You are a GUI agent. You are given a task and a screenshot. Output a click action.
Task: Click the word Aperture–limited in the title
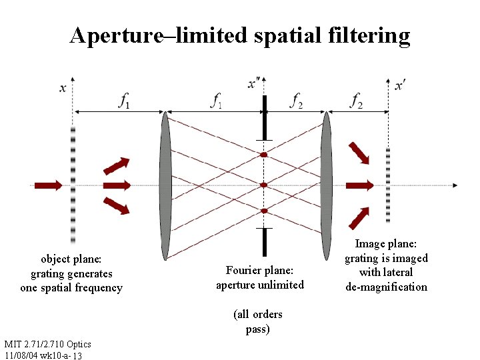(159, 35)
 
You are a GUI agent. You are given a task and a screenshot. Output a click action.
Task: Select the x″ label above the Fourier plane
(254, 83)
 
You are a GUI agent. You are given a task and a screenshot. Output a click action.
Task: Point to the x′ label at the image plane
(401, 85)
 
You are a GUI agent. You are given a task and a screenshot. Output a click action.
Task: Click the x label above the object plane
(63, 87)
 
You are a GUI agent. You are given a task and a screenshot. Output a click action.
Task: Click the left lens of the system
(165, 185)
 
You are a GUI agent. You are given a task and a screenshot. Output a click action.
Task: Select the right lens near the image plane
(326, 185)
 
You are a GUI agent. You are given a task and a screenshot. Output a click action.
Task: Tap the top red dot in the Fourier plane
(264, 155)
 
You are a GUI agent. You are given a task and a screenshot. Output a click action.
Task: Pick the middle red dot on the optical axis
(264, 185)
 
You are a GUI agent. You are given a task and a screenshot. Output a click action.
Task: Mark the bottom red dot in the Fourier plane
(264, 211)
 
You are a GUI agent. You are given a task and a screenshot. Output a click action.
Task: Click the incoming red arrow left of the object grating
(48, 185)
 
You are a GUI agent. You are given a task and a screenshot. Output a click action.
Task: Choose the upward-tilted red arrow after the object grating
(116, 165)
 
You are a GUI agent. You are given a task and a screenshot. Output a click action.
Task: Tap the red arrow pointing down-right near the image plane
(359, 152)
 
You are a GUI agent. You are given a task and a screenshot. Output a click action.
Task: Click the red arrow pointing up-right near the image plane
(359, 217)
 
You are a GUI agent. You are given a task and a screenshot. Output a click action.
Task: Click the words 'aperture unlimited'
(260, 285)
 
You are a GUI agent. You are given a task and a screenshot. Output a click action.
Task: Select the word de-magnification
(386, 287)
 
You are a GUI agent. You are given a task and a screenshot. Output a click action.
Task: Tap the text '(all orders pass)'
(257, 321)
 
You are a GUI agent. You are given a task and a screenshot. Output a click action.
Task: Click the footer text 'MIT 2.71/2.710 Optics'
(47, 344)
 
